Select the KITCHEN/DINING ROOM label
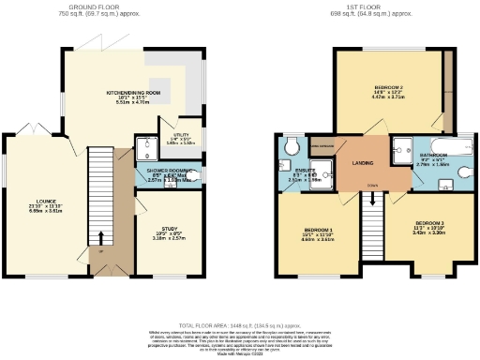click(133, 93)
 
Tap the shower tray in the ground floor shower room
click(146, 148)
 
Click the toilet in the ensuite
click(291, 144)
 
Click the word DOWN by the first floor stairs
click(373, 184)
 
